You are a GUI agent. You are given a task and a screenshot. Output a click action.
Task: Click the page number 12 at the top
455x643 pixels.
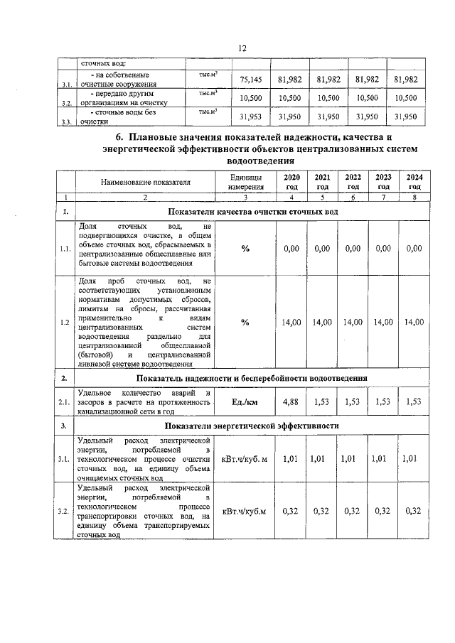242,48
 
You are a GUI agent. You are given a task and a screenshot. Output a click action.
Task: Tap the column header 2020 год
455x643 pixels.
291,181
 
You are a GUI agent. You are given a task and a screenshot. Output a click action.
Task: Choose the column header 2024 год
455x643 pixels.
414,181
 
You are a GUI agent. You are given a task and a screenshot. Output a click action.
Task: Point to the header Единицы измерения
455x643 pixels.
245,181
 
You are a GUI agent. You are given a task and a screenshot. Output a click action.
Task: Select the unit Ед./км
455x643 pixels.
245,402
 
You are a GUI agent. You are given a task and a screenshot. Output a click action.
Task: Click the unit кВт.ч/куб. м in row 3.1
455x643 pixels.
245,459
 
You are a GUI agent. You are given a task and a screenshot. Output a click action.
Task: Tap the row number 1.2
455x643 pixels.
65,323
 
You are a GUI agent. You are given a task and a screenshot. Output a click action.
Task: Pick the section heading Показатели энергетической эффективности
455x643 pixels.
252,426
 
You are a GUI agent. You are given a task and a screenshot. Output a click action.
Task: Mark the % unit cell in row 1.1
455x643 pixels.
245,249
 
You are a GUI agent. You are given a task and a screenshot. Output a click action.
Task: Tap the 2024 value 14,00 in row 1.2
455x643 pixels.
414,323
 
